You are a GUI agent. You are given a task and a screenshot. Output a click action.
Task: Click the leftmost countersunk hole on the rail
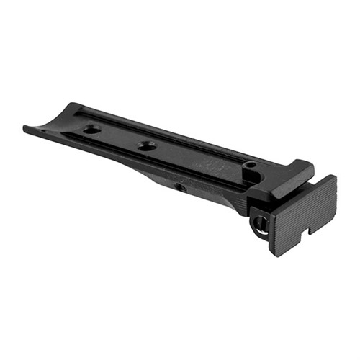click(x=91, y=130)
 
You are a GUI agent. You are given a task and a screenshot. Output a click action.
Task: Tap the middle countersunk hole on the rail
click(x=147, y=146)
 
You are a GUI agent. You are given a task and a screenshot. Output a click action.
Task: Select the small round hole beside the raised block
click(x=250, y=167)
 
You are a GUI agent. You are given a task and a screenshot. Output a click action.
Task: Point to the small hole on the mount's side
click(x=181, y=188)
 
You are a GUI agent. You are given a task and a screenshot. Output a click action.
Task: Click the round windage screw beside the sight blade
click(x=258, y=222)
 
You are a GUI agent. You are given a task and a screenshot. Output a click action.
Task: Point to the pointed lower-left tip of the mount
click(x=25, y=130)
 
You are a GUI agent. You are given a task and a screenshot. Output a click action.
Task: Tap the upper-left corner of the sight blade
click(x=271, y=204)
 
